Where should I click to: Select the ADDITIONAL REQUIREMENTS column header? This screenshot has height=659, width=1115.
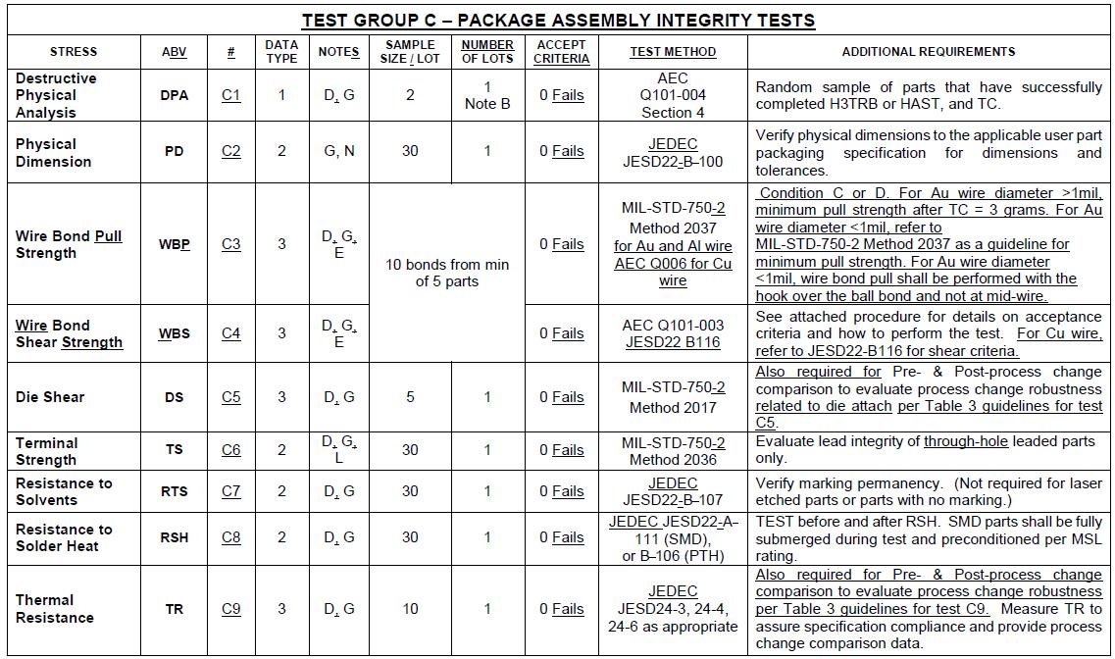928,52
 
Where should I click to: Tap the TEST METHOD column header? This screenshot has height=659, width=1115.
673,52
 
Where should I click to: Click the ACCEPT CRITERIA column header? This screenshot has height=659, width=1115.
562,52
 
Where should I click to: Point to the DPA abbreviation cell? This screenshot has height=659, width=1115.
174,95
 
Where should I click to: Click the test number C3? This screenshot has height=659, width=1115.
230,244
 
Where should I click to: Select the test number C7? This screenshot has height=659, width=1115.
230,491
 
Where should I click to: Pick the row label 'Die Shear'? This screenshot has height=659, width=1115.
50,397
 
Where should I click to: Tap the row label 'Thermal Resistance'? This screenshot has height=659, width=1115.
55,608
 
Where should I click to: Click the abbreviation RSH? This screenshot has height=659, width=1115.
174,537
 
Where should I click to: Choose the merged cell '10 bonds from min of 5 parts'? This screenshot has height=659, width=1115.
447,273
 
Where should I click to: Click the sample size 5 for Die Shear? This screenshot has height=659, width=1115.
410,397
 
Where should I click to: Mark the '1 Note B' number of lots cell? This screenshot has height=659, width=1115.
487,95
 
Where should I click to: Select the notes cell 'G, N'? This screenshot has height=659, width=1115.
339,151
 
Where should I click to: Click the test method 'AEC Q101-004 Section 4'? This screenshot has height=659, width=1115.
673,95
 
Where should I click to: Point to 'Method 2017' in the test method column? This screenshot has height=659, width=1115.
673,407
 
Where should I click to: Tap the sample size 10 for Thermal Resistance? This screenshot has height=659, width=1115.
410,609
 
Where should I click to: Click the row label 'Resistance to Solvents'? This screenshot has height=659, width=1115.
64,491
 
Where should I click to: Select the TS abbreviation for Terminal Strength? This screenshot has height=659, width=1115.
174,450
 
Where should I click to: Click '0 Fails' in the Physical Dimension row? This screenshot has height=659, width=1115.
562,151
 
